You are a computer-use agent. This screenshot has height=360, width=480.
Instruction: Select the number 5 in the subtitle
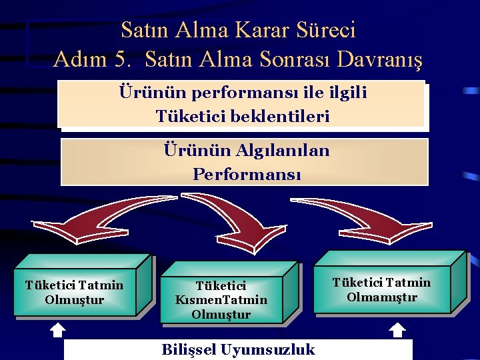[x=121, y=59]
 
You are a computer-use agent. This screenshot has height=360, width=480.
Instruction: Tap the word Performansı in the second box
[x=247, y=175]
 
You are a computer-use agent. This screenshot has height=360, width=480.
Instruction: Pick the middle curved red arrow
[x=227, y=217]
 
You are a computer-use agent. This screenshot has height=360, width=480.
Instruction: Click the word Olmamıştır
[x=382, y=297]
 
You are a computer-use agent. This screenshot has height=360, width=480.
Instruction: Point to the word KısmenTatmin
[x=221, y=300]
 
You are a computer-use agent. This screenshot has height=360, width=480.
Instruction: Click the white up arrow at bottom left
[x=57, y=329]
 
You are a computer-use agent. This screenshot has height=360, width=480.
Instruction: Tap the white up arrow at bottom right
[x=397, y=329]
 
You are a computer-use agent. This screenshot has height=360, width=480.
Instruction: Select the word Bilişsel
[x=190, y=350]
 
